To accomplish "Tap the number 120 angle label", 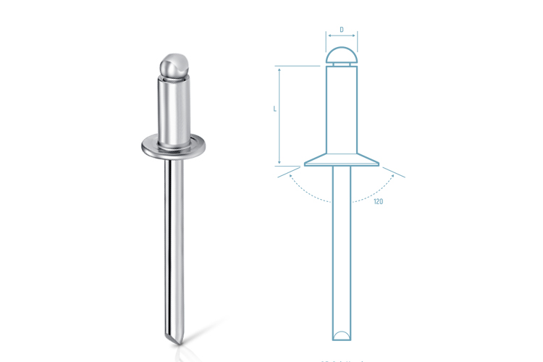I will (378, 201).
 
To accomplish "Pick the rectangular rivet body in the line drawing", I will (341, 109).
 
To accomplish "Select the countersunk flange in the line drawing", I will (341, 160).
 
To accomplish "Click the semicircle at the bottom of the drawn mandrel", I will (341, 334).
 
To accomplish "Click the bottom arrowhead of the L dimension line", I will (279, 162).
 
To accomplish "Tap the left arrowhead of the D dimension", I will (327, 40).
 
